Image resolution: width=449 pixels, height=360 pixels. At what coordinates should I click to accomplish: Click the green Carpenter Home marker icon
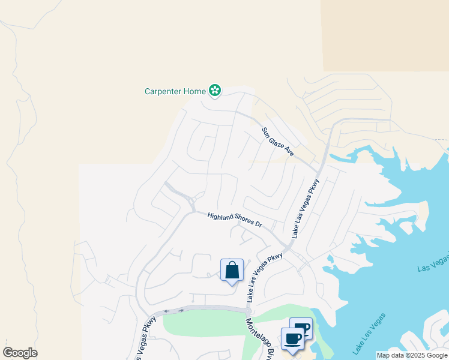[215, 91]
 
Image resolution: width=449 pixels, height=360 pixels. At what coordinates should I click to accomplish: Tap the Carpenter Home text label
[175, 92]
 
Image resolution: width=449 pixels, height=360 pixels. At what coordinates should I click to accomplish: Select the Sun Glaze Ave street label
[277, 142]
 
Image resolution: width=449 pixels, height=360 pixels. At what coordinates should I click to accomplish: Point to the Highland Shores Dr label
[235, 220]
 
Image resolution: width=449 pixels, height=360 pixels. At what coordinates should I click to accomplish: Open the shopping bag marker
[232, 271]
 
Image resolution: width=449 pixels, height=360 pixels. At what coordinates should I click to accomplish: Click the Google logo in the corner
[20, 353]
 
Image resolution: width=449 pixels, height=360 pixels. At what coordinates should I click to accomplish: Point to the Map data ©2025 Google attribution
[412, 355]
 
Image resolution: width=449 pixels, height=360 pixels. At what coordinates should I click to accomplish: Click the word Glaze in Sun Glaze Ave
[277, 142]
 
